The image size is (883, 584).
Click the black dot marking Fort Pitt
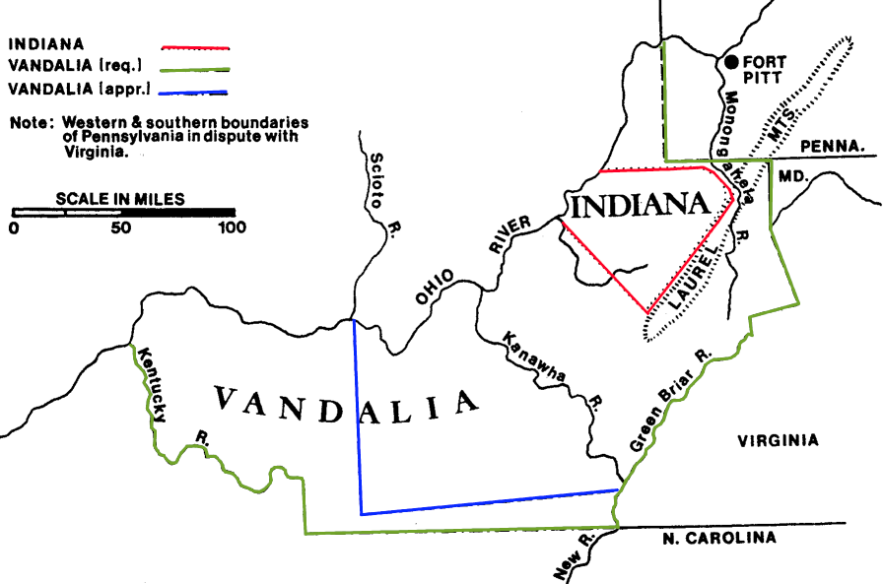[x=731, y=61]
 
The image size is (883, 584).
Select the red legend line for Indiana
[x=194, y=45]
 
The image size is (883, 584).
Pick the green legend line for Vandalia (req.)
[x=194, y=69]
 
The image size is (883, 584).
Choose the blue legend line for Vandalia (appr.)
[x=194, y=93]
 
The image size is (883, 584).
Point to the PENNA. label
[x=838, y=146]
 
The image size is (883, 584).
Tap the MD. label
[x=792, y=174]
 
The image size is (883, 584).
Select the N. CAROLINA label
[x=718, y=538]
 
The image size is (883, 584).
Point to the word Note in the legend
[x=29, y=123]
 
